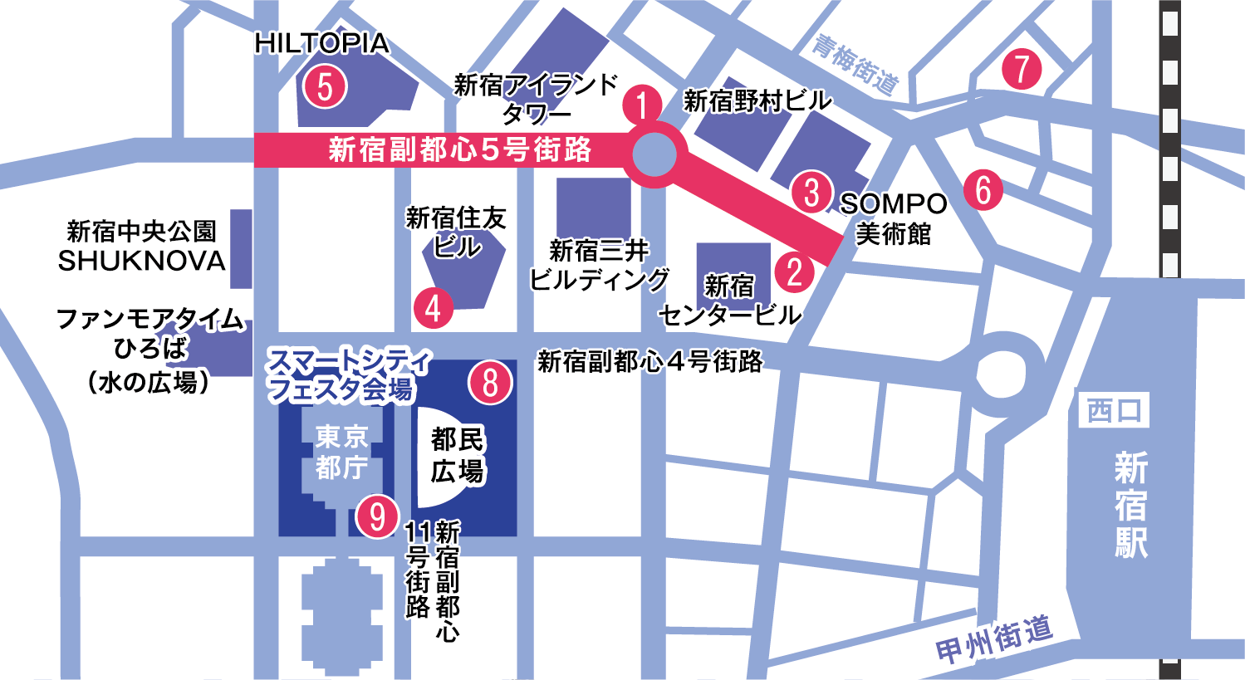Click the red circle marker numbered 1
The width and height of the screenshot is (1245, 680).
(642, 105)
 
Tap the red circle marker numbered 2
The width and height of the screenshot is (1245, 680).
(795, 271)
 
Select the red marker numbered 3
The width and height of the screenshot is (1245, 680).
(811, 192)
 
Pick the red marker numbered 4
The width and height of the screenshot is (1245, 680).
(433, 308)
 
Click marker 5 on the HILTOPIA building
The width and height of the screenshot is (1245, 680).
(325, 86)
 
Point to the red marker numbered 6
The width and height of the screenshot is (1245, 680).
(983, 189)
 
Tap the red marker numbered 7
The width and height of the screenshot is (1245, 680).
(1022, 69)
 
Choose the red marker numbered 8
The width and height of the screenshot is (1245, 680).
(490, 383)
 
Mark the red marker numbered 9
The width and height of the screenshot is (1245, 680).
(378, 516)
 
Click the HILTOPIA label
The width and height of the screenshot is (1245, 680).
(322, 43)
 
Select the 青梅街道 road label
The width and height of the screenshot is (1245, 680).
(855, 64)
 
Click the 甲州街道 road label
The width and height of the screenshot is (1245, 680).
(994, 639)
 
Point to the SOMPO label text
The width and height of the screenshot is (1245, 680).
(894, 203)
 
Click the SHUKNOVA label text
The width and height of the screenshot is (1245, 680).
(142, 261)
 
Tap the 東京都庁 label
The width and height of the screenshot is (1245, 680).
(341, 452)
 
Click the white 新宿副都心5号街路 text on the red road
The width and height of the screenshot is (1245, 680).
(459, 149)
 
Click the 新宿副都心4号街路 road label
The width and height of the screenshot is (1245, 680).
(649, 361)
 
